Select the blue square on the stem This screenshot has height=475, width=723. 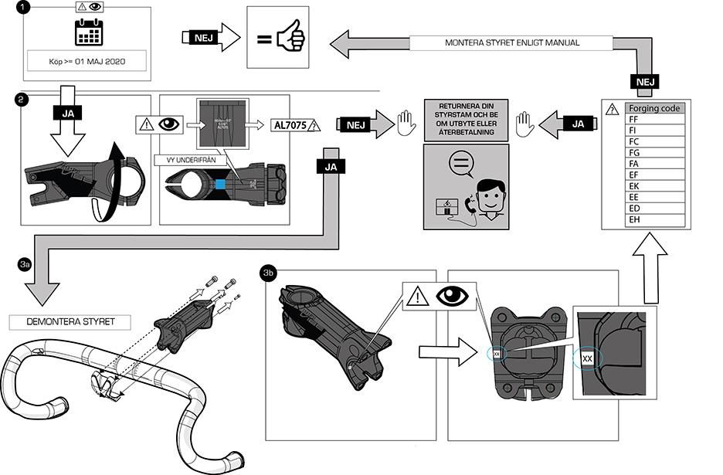coord(221,185)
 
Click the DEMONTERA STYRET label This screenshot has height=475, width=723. coord(68,321)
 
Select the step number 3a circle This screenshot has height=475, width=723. coord(24,264)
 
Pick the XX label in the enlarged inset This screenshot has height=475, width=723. coord(587,358)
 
